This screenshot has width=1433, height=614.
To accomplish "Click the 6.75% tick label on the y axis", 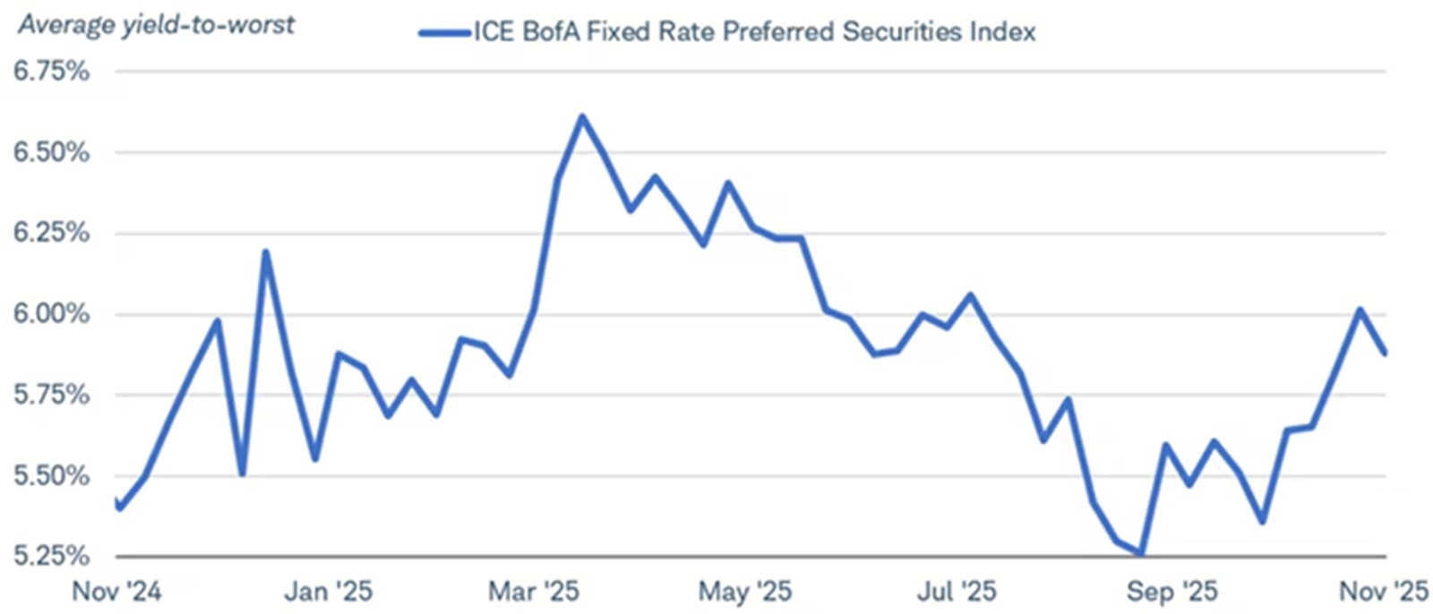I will (x=51, y=72).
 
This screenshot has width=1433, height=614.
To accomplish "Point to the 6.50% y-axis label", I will (x=51, y=152).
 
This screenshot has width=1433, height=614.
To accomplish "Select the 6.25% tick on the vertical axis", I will (x=51, y=233).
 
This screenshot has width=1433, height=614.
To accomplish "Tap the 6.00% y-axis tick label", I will (x=51, y=314).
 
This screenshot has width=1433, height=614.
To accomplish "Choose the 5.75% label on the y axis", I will (x=51, y=395).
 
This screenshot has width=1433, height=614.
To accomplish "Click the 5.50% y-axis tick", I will (x=51, y=475).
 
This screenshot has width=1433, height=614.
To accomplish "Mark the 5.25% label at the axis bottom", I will (x=51, y=556).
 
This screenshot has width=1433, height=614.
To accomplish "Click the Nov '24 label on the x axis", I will (x=116, y=591).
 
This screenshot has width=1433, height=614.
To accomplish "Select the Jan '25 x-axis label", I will (x=328, y=591).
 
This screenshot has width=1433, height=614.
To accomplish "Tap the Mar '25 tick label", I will (x=534, y=591).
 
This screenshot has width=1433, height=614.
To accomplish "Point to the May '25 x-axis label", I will (x=745, y=591).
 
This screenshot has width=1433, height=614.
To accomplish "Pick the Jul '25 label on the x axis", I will (x=957, y=591).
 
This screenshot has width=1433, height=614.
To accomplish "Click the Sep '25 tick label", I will (x=1171, y=591).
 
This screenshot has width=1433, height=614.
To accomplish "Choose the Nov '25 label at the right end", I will (x=1383, y=591).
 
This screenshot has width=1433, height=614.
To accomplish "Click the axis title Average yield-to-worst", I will (x=157, y=24).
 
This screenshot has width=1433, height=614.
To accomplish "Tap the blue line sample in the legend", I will (x=444, y=33).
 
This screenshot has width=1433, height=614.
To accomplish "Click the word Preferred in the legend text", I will (x=779, y=32).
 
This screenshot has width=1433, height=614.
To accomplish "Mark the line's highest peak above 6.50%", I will (x=582, y=116).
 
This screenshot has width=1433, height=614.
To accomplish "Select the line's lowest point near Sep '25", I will (x=1141, y=555).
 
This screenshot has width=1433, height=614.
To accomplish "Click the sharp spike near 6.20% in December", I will (x=265, y=252).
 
